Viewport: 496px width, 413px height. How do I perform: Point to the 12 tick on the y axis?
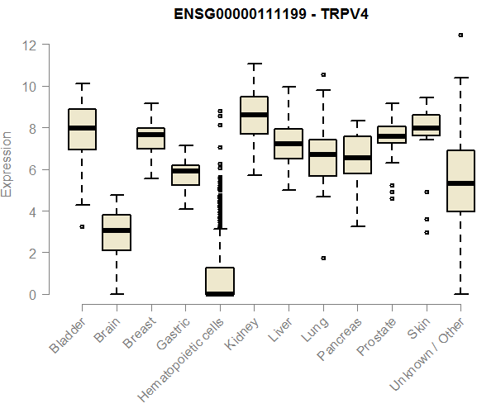pos(31,45)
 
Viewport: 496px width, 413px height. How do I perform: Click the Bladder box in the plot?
pos(82,129)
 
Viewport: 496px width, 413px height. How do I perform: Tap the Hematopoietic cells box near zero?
pos(219,281)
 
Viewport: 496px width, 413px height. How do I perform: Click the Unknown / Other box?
pos(460,181)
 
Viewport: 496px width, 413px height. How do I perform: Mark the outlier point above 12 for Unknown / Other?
pos(460,35)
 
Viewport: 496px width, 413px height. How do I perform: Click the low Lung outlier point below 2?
pos(323,258)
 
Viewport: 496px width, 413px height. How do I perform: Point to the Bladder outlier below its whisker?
pos(82,226)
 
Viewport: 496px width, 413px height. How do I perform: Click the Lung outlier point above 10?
pos(323,74)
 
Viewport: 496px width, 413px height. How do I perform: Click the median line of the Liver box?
pos(288,144)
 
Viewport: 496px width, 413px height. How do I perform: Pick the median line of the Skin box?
pos(426,128)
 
